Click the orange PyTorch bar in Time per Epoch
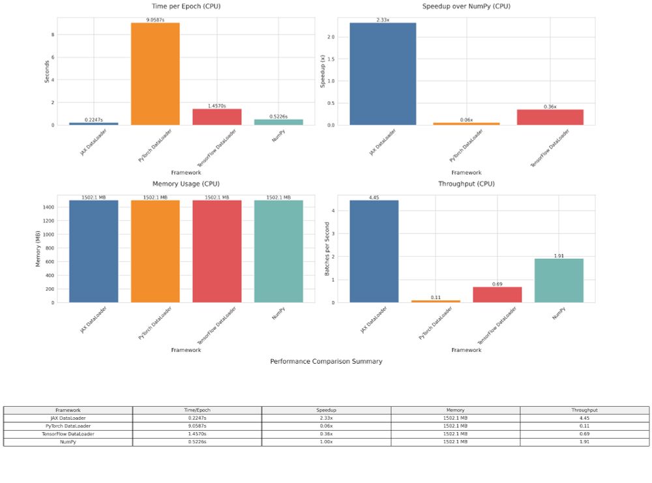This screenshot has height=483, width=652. tap(155, 74)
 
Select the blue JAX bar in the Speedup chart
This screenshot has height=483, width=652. tap(383, 74)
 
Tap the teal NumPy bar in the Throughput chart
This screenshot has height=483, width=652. tap(558, 281)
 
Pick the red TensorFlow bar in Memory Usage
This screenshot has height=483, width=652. tap(216, 252)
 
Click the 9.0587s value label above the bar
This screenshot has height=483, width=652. tap(155, 20)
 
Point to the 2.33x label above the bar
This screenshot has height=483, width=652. tap(383, 20)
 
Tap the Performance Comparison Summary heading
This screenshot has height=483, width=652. tap(326, 361)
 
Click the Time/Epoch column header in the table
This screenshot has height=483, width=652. tap(197, 410)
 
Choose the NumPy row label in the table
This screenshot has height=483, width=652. tap(68, 441)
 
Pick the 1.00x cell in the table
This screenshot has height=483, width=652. tap(326, 441)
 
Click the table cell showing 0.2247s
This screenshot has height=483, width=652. tap(197, 418)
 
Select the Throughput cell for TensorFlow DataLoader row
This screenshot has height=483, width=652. tap(584, 433)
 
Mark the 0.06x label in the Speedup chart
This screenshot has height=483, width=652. tap(466, 120)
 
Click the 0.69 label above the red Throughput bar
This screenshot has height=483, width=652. tap(497, 284)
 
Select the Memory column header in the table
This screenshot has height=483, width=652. tap(455, 410)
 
